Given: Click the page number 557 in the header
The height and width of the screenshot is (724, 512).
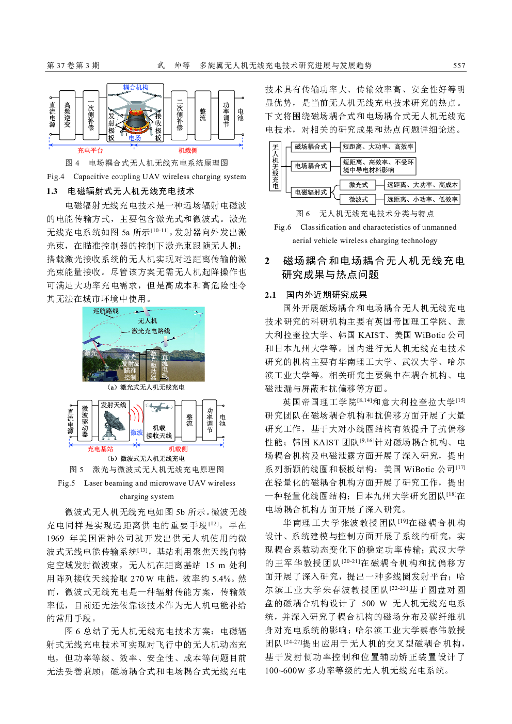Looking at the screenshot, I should click(459, 66).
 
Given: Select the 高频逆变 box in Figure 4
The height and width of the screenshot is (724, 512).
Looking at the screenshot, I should click(68, 115).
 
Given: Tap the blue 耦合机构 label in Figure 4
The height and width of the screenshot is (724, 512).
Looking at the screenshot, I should click(136, 87).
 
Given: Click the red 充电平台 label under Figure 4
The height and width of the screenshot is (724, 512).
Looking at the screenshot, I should click(90, 151).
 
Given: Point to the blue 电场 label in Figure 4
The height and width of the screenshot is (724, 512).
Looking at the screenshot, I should click(135, 138).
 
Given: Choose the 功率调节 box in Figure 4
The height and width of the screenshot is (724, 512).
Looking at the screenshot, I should click(226, 114).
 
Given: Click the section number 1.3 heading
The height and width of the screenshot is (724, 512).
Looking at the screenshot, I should click(52, 191).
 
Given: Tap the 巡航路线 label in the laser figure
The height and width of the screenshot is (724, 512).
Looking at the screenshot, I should click(106, 311).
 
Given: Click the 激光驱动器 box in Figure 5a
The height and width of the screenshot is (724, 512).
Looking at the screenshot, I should click(153, 364).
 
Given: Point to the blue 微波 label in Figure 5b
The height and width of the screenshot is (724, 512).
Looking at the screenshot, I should click(136, 432).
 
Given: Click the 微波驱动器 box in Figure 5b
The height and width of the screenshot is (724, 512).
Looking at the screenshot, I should click(85, 421).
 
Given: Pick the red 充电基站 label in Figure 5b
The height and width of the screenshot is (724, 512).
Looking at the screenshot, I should click(100, 449).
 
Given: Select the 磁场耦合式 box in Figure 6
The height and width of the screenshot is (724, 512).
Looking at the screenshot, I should click(311, 147).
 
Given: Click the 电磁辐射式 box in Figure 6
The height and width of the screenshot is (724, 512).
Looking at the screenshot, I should click(311, 192).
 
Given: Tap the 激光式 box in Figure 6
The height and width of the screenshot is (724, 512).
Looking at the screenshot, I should click(358, 185).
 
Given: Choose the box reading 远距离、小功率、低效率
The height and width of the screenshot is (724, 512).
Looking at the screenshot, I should click(422, 199).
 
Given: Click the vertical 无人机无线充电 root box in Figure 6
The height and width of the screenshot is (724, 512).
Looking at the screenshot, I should click(276, 167).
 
